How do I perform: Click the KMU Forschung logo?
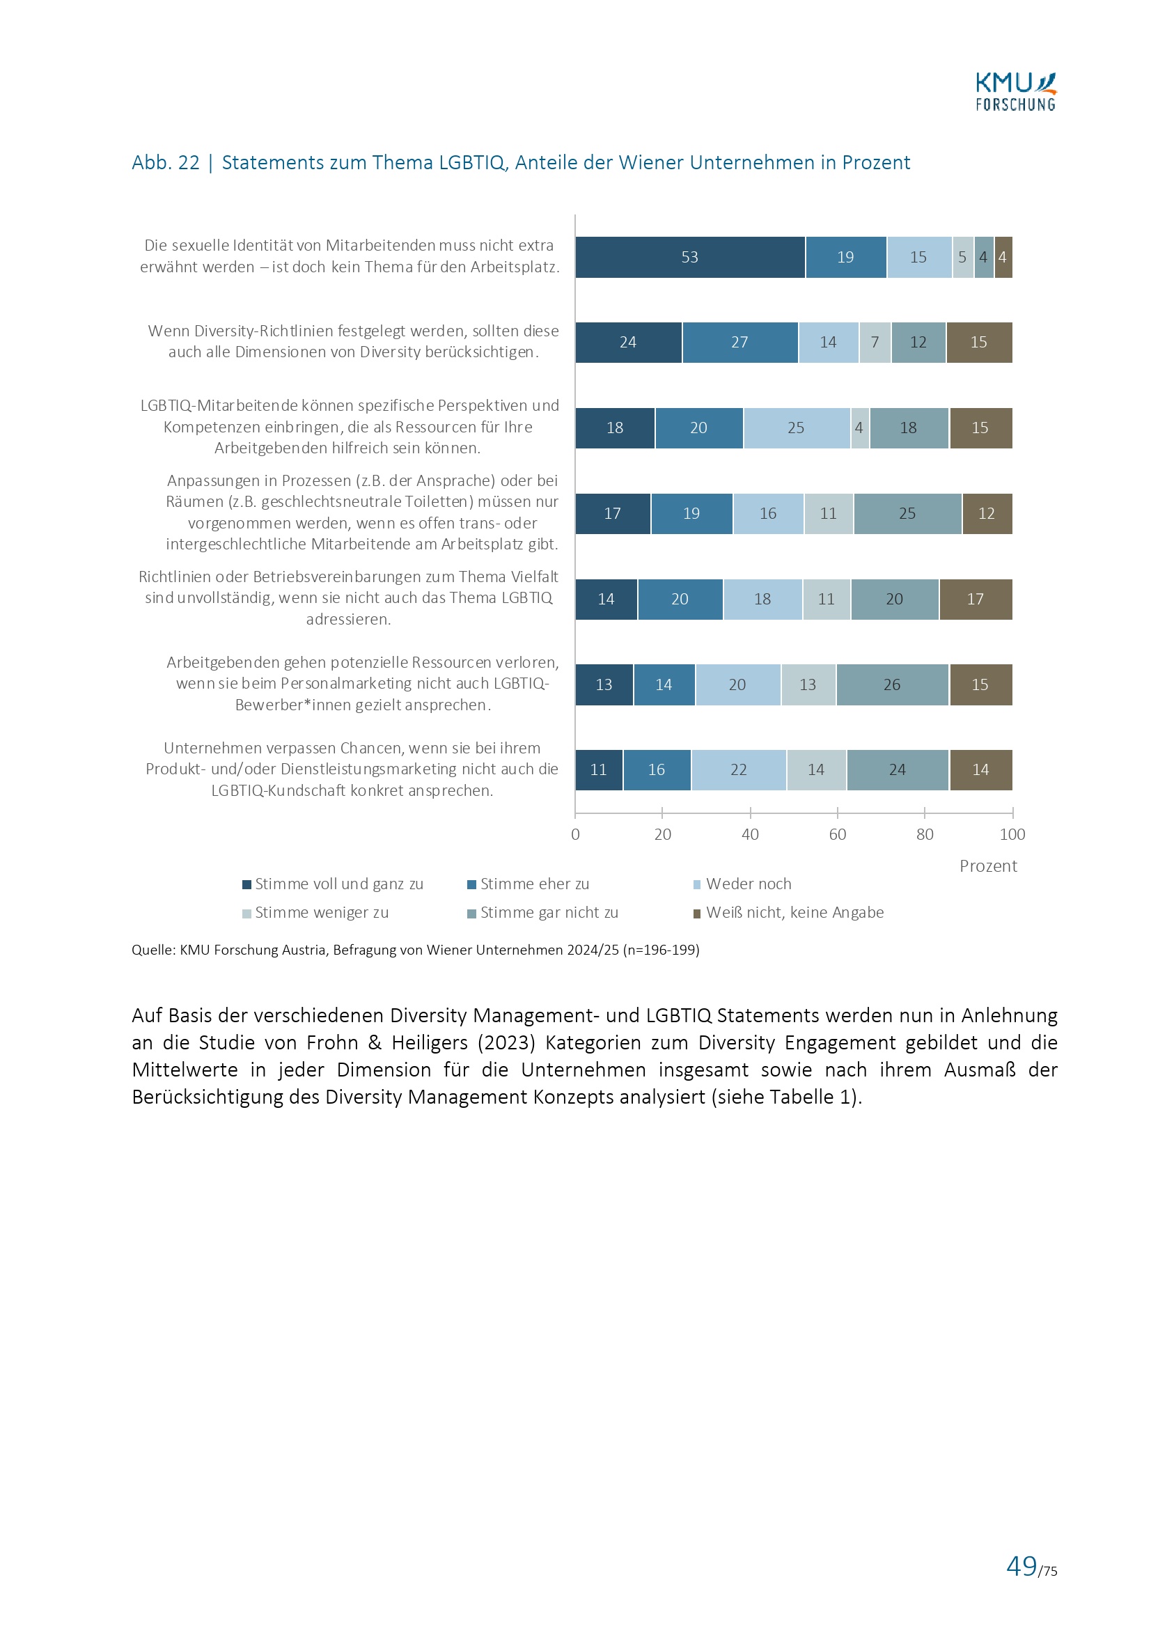[1015, 92]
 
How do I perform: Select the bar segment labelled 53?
[689, 258]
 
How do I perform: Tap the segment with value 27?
[739, 343]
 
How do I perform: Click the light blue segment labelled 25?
[797, 428]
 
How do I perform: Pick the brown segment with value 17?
[975, 599]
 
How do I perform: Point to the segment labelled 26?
[892, 685]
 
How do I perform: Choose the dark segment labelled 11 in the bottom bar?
[599, 770]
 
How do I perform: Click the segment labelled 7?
[875, 343]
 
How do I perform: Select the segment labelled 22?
[738, 770]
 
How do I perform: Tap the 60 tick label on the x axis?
[837, 835]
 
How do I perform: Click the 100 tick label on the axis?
[1012, 835]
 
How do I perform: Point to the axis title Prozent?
[988, 866]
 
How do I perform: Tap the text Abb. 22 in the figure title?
[166, 163]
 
